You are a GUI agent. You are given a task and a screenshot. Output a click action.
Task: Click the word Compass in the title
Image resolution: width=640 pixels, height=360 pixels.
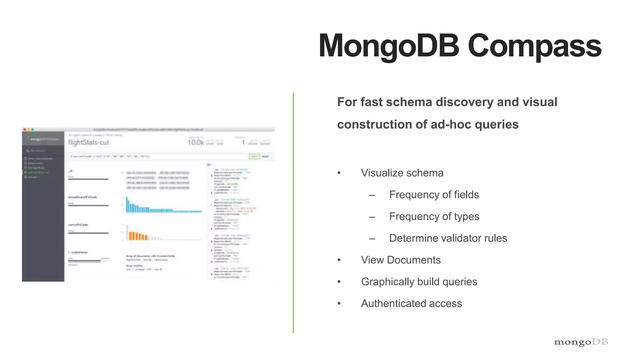(x=534, y=46)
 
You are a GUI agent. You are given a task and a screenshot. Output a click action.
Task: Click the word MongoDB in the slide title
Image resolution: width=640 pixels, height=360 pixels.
(x=389, y=46)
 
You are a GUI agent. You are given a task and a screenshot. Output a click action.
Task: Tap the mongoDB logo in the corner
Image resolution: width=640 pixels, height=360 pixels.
(x=581, y=342)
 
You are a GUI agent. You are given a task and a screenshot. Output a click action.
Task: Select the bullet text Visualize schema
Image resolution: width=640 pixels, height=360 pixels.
(x=402, y=173)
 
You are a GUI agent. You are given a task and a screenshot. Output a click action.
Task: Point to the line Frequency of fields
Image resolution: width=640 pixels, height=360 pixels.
(x=434, y=195)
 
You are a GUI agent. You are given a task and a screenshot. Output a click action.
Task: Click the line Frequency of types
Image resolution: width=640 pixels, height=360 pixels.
(x=434, y=216)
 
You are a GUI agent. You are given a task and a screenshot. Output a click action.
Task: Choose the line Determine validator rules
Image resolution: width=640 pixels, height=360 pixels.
(x=448, y=238)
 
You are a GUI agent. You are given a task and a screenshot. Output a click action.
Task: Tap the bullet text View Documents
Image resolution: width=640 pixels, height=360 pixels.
(x=401, y=260)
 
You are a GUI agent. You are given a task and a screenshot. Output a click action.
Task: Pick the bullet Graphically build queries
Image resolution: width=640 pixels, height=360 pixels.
(x=419, y=282)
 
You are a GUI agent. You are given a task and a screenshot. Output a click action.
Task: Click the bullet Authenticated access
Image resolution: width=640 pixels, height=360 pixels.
(x=411, y=303)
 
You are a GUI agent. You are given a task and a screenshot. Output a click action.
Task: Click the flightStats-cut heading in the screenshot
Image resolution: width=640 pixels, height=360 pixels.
(x=88, y=142)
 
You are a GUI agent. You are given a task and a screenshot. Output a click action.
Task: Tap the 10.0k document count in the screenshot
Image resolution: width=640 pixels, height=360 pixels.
(x=196, y=142)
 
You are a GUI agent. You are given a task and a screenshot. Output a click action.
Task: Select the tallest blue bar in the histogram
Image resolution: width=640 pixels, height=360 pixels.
(x=127, y=205)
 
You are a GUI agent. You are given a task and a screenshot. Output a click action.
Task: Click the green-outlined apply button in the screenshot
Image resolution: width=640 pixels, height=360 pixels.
(x=254, y=157)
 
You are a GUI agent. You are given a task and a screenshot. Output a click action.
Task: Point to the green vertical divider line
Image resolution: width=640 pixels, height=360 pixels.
(x=293, y=212)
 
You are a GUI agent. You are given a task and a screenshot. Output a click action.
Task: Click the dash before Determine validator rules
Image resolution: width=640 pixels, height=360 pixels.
(x=372, y=239)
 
